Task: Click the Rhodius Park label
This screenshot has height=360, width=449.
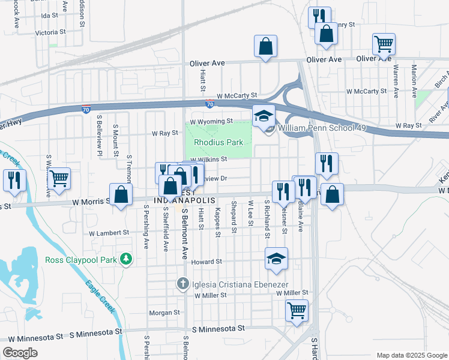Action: coord(218,142)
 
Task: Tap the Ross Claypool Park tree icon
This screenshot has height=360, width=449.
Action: coord(126,259)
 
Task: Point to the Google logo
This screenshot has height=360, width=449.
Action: coord(20,353)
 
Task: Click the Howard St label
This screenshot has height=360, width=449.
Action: coord(207,262)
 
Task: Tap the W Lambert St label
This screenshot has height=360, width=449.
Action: coord(109,233)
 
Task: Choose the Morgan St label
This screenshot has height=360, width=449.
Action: coord(164,313)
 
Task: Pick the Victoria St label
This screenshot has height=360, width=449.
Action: coord(50,32)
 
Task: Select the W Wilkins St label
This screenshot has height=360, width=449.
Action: coord(209,160)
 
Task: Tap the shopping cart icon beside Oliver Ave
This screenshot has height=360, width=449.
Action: coord(384,44)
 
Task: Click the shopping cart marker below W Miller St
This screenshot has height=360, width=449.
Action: coord(297,311)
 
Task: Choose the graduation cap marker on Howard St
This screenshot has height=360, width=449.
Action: coord(276,259)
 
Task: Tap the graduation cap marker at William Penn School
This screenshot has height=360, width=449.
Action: coord(263,116)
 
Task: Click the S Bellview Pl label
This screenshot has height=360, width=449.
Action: coord(100,136)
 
